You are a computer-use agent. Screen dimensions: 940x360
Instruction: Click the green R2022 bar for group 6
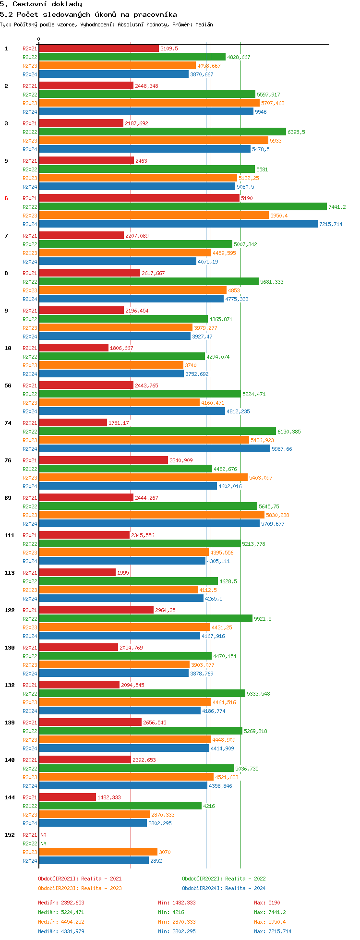click(182, 207)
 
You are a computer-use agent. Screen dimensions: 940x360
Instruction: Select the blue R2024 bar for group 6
click(178, 224)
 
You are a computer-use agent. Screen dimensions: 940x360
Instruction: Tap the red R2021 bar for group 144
click(67, 797)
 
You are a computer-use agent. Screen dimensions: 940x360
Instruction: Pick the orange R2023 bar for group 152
click(98, 852)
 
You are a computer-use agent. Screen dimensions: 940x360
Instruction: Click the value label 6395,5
click(296, 132)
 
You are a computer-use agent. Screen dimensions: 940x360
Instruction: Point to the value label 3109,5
click(169, 48)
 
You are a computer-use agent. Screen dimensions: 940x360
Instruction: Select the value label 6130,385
click(289, 432)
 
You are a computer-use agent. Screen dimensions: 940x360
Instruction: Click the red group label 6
click(6, 198)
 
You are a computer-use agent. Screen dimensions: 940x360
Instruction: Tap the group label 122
click(10, 610)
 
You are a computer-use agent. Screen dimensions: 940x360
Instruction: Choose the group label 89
click(8, 498)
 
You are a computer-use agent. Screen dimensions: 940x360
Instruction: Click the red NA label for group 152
click(43, 835)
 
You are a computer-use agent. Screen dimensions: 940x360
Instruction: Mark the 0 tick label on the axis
click(39, 39)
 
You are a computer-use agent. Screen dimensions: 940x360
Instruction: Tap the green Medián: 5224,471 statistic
click(61, 912)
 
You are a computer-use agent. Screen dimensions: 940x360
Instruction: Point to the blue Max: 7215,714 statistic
click(273, 931)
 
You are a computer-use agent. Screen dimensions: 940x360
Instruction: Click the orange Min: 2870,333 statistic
click(177, 922)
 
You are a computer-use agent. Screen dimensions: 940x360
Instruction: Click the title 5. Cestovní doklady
click(41, 4)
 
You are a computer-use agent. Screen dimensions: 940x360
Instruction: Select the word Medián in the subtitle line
click(204, 24)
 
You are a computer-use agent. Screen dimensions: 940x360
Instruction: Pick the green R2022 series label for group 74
click(30, 432)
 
